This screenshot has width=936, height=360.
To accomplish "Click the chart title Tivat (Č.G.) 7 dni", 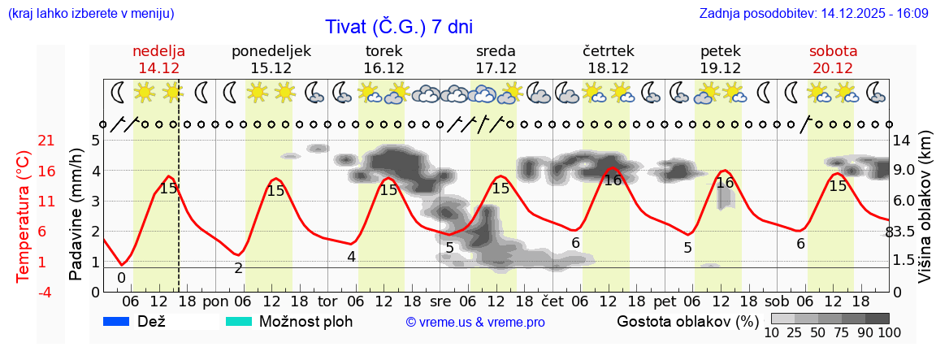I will tap(399, 27).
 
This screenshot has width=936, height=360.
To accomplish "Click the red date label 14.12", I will tap(158, 68).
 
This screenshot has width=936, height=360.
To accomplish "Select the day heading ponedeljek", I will tap(271, 51).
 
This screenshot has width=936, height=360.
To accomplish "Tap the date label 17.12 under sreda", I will tap(496, 68).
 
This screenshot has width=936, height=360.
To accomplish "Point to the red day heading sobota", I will tap(833, 51).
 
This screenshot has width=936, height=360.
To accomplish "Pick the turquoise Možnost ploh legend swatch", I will tap(239, 322).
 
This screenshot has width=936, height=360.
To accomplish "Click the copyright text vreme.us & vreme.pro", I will tap(475, 323).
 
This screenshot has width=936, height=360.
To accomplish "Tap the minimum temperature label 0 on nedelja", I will tap(121, 278).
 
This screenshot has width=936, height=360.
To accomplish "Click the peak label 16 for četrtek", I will tap(613, 180).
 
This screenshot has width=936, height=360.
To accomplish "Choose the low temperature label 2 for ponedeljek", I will tap(238, 268).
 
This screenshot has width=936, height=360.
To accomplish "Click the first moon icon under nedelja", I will tap(119, 92).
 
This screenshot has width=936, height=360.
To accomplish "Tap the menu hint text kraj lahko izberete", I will tap(89, 14).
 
